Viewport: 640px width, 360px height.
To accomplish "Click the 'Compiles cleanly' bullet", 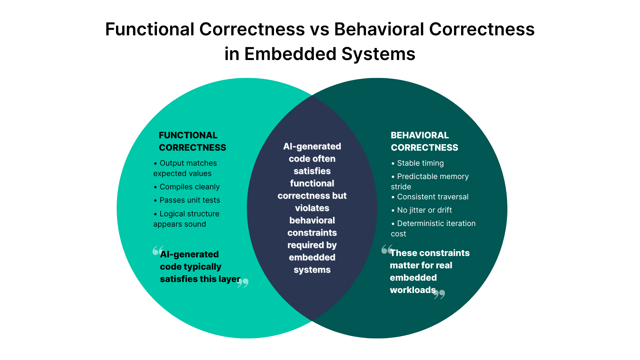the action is (x=189, y=187).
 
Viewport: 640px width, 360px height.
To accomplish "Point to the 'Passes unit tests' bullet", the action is (x=190, y=200).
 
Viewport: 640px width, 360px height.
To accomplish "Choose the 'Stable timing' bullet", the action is (x=420, y=163).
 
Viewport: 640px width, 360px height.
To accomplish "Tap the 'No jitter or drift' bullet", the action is (x=424, y=210).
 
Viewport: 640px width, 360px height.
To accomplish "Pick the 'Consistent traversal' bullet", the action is (x=432, y=197).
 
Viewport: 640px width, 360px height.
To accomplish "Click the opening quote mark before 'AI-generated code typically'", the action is (x=158, y=250).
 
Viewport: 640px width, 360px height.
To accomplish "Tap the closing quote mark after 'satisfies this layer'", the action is (x=243, y=283).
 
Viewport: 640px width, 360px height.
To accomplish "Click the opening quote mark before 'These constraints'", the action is (x=387, y=249).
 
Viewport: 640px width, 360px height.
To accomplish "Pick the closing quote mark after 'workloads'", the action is (x=439, y=294).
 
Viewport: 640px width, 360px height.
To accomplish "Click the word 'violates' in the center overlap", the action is (x=312, y=208).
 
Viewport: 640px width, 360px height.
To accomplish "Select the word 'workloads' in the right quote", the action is (x=413, y=290).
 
